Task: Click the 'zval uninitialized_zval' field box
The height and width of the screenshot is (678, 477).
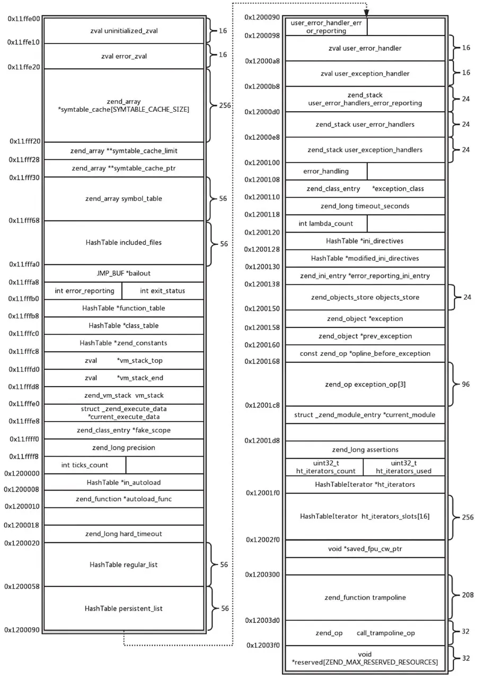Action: pos(123,31)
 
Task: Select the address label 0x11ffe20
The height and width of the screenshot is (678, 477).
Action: pos(24,67)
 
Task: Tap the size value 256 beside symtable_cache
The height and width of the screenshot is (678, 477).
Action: pos(224,105)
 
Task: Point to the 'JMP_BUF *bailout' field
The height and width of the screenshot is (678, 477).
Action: pos(123,273)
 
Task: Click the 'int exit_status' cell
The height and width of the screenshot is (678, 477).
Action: pos(162,291)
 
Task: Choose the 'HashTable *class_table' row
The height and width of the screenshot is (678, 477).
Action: pos(123,325)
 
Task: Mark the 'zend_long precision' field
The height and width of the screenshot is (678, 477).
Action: pos(123,448)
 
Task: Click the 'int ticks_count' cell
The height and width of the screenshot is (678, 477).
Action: pos(85,465)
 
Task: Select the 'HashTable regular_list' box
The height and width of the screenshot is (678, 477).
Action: pos(123,565)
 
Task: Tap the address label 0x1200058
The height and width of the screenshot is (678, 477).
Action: pos(22,586)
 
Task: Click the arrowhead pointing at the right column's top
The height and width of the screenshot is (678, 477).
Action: pos(366,13)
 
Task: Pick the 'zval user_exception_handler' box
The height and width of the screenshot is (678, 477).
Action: pos(365,74)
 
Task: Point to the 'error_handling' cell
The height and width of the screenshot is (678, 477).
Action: pos(326,171)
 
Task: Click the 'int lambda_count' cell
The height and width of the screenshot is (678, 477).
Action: pos(326,224)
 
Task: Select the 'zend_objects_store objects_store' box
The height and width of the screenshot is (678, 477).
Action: pos(365,297)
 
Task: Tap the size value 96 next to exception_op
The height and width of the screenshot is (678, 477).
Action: pos(465,384)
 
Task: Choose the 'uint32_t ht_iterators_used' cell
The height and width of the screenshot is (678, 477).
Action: pos(403,467)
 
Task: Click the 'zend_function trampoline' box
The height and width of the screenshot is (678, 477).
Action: pos(365,597)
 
